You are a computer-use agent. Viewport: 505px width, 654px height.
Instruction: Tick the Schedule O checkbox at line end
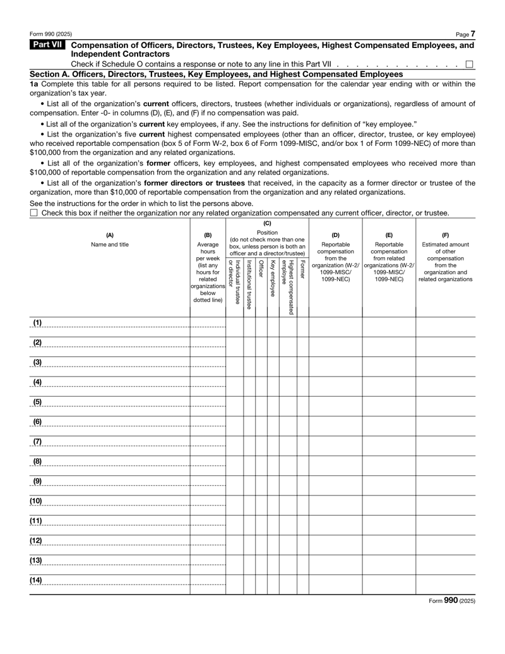469,64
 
